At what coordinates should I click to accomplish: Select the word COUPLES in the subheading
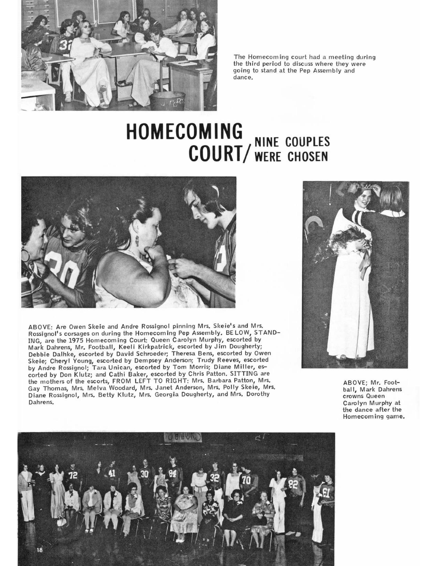[307, 142]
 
